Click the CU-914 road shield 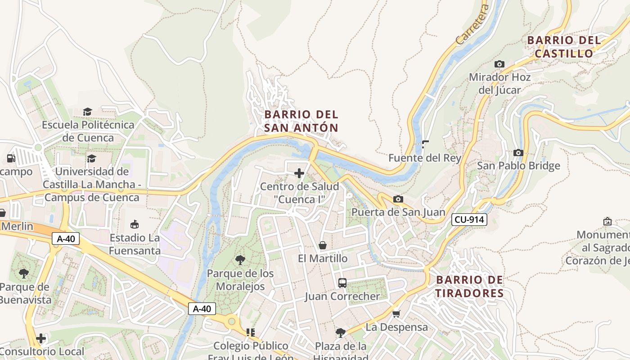coord(469,220)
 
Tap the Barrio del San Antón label coord(301,121)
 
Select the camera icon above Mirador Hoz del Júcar coord(499,64)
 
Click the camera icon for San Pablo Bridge coord(518,153)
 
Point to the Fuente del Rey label coord(425,158)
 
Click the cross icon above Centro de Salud coord(299,173)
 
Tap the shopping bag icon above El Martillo coord(323,245)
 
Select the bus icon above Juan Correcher coord(342,283)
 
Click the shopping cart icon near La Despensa coord(396,313)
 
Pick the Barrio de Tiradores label coord(470,287)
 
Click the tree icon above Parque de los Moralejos coord(240,260)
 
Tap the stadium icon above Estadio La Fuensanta coord(134,224)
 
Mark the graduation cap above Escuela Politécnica coord(88,112)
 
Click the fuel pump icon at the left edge coord(10,158)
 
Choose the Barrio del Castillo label coord(564,47)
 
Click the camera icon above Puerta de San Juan coord(398,199)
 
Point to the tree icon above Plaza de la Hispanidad coord(341,333)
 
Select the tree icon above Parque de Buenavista coord(23,273)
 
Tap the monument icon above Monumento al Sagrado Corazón coord(607,221)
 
